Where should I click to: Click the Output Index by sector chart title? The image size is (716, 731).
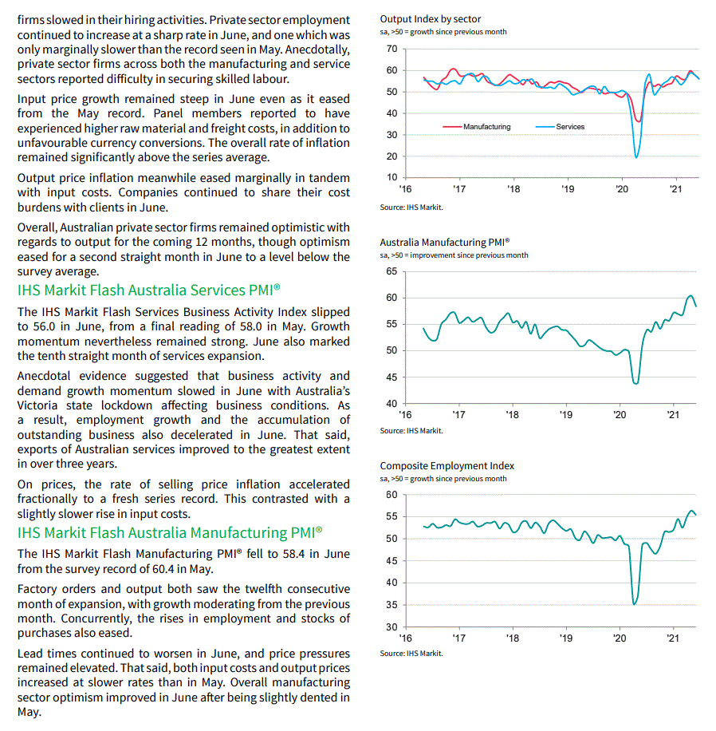coord(430,18)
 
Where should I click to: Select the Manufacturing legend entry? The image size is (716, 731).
coord(486,127)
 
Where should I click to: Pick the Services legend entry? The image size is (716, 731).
coord(570,127)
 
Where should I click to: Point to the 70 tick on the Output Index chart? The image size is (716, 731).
coord(391,49)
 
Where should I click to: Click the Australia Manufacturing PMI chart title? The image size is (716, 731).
coord(444,242)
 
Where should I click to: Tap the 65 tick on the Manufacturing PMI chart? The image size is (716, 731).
coord(391,271)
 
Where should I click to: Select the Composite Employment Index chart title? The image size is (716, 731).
coord(447,465)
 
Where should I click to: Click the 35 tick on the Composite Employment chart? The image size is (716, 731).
coord(391,605)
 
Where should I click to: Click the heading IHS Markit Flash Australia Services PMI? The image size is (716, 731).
coord(148,290)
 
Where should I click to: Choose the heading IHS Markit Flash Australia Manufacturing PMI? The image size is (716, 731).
coord(170,532)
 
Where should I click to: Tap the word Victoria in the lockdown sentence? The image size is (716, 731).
coord(37,405)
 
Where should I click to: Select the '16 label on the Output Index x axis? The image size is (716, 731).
coord(405,189)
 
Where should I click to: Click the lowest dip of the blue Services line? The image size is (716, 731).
coord(636,156)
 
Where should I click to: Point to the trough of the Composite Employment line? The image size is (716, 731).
coord(634,603)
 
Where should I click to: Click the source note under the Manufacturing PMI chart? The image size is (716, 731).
coord(411,430)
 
